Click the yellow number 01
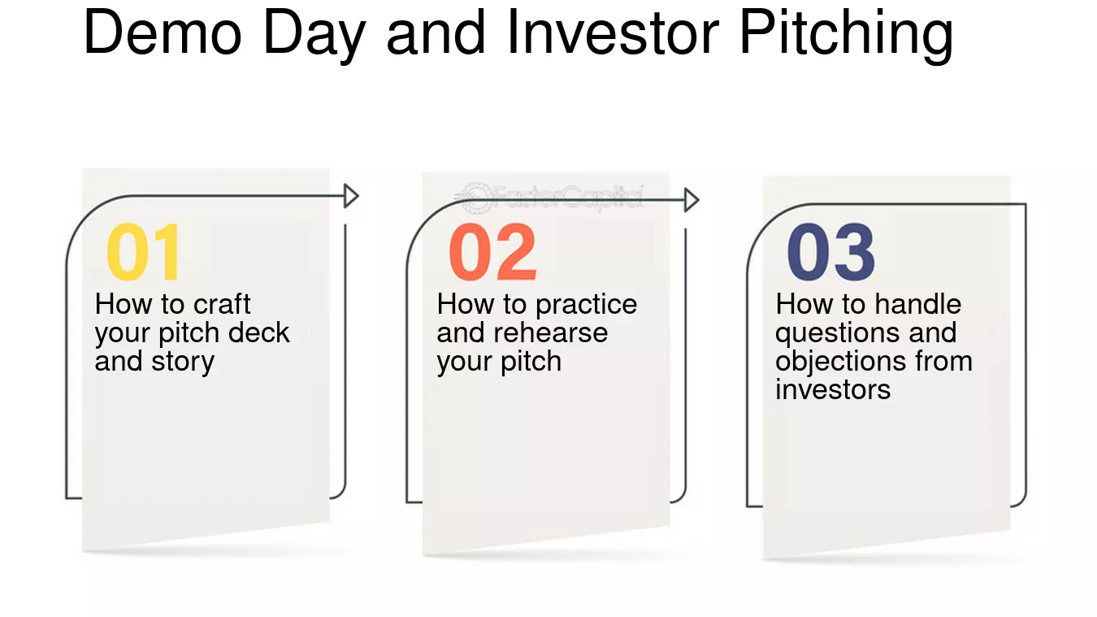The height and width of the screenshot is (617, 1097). pos(144,253)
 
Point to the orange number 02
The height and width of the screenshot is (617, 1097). pos(493,253)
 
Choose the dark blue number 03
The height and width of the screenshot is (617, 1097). pos(831,253)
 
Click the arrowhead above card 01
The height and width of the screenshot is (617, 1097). pos(351,196)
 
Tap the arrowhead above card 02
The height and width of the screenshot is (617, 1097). pos(692,200)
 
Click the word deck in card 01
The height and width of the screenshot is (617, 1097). pos(258,332)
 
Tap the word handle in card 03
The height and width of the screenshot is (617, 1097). pos(917,304)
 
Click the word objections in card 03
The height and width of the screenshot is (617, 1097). pos(837,362)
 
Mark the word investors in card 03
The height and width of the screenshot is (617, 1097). pos(833,389)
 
